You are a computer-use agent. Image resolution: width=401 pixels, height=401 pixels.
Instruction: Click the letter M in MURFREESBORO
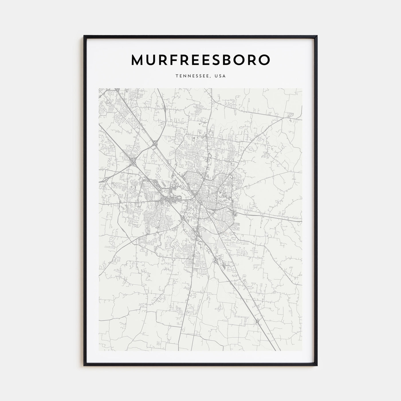pyautogui.click(x=138, y=60)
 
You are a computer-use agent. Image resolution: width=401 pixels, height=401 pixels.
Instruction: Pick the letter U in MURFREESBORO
pyautogui.click(x=152, y=60)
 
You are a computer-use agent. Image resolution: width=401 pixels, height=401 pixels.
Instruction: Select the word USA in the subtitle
pyautogui.click(x=221, y=76)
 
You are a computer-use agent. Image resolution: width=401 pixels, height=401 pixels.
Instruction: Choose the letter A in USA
pyautogui.click(x=225, y=76)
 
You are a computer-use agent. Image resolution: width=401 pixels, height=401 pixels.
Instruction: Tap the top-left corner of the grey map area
pyautogui.click(x=99, y=89)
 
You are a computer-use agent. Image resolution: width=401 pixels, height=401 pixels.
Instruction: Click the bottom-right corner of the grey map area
pyautogui.click(x=302, y=351)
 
